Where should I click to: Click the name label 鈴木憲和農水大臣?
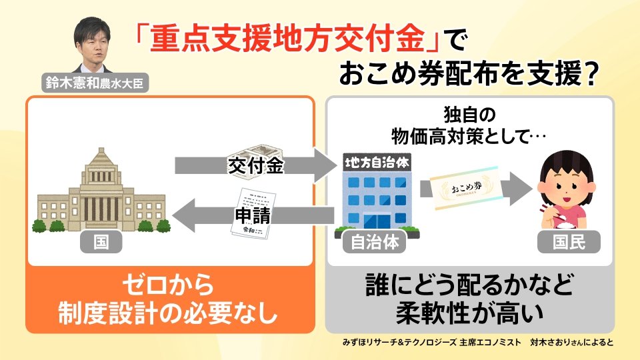click(x=94, y=83)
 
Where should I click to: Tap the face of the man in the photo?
click(x=93, y=41)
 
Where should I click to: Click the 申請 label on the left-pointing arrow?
click(x=251, y=215)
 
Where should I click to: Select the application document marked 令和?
click(x=252, y=213)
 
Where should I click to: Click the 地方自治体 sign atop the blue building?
click(x=377, y=162)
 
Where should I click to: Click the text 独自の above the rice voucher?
click(x=470, y=112)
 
